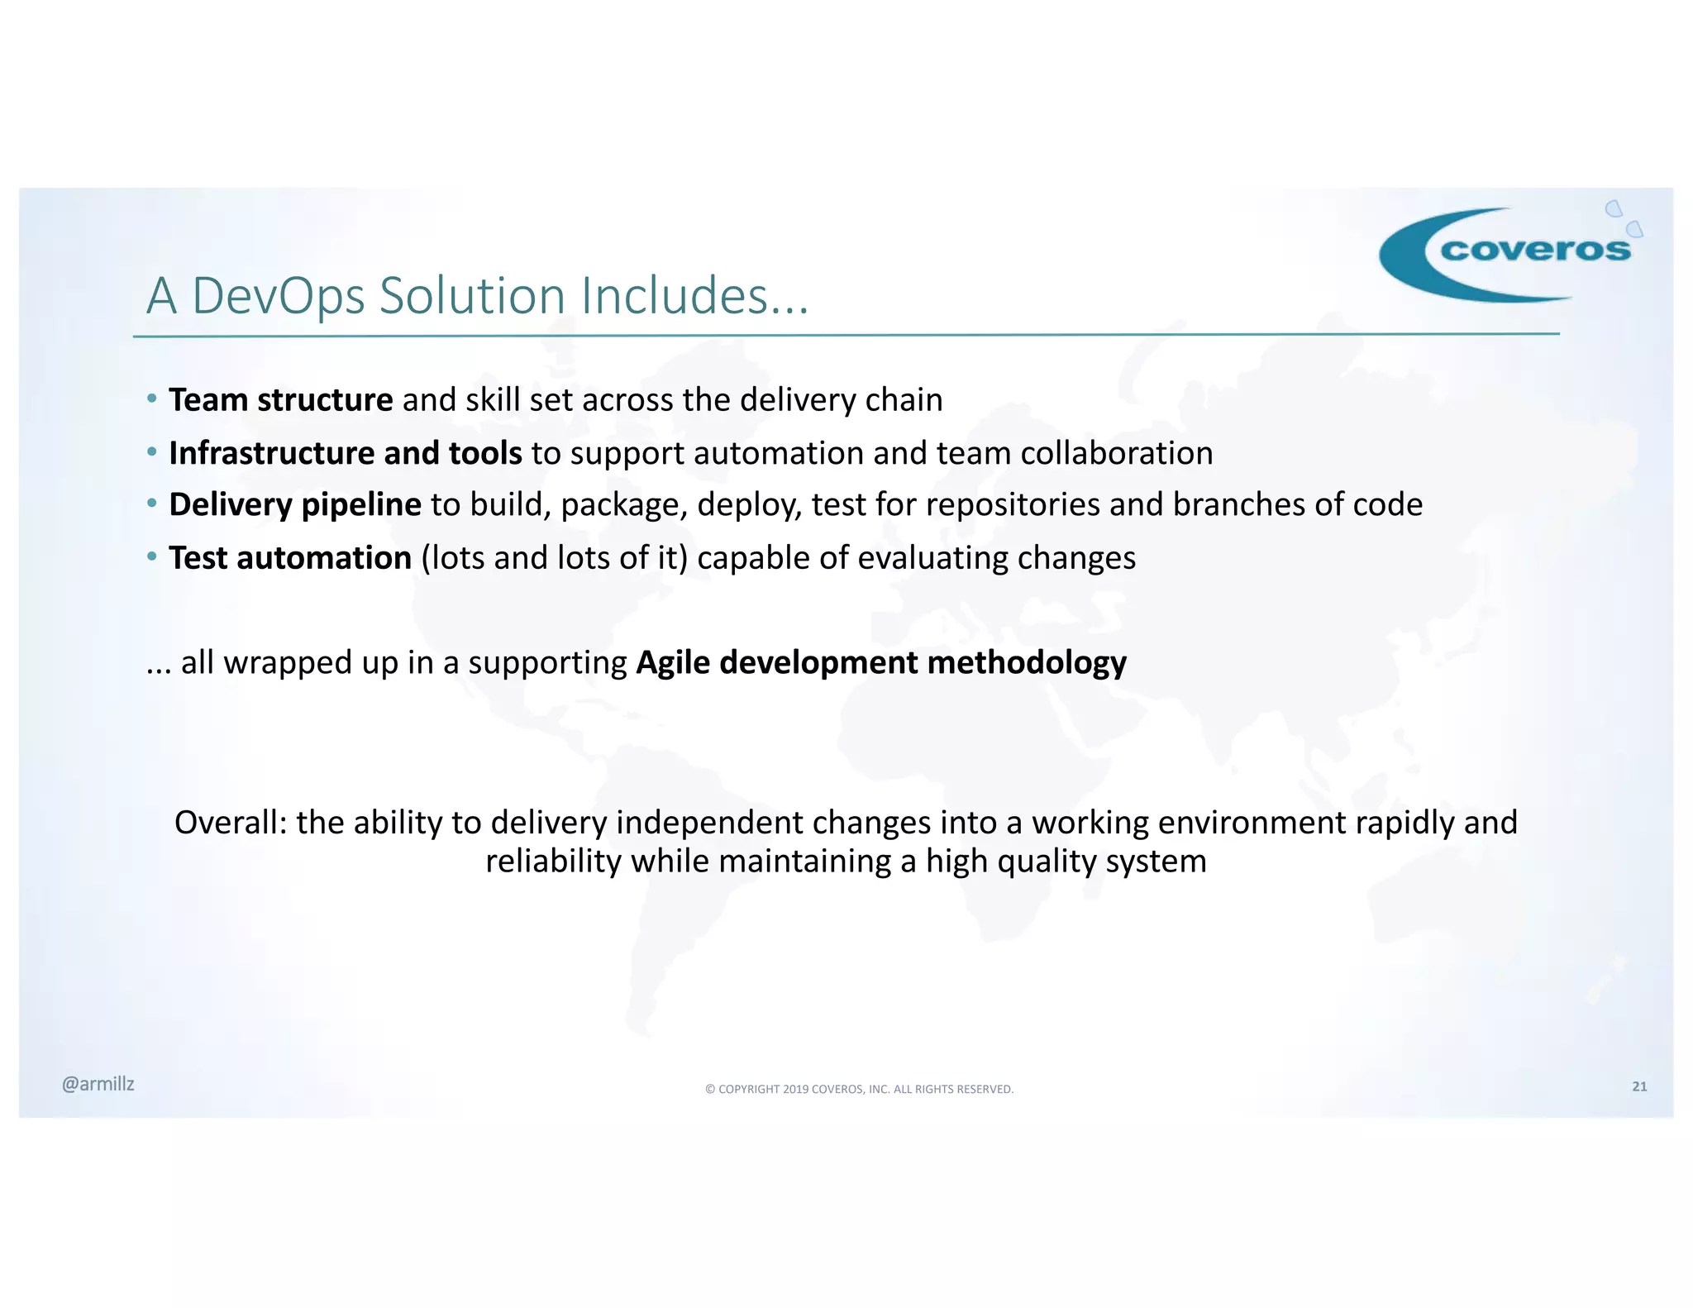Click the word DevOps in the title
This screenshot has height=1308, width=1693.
point(278,296)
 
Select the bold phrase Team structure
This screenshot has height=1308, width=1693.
point(281,400)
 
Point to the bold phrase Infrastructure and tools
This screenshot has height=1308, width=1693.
point(346,453)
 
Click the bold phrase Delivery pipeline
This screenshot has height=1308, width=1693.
point(295,505)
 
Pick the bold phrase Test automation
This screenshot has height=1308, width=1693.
point(290,558)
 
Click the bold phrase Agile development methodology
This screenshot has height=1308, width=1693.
point(881,663)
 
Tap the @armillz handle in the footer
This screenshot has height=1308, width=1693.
point(98,1084)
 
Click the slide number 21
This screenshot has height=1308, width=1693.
point(1639,1086)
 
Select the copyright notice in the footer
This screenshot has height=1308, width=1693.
point(859,1089)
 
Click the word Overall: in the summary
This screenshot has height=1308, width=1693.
point(231,823)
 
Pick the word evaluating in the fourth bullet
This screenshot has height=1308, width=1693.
point(932,558)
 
